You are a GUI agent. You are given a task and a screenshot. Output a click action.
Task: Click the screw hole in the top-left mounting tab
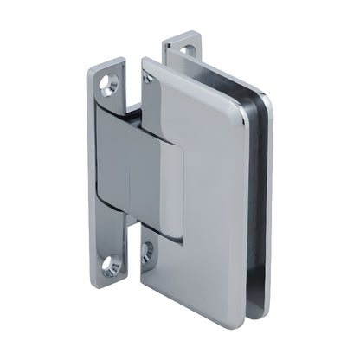coord(109,84)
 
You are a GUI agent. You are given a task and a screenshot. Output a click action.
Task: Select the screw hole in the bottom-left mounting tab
coord(112,266)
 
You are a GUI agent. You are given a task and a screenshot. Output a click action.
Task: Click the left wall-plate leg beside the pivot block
coord(103,173)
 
